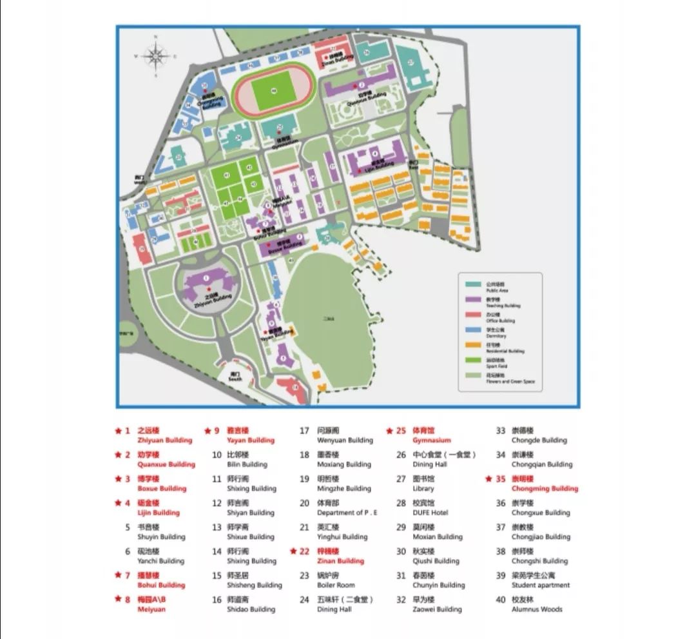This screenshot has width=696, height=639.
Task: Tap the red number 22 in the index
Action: pos(304,551)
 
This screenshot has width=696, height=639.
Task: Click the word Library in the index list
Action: pos(423,489)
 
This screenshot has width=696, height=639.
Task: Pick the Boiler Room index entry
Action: pos(336,585)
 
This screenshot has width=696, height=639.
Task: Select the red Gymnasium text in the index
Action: pos(432,440)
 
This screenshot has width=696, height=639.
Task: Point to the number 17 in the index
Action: pos(304,431)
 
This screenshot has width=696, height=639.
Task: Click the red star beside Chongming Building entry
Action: pos(488,479)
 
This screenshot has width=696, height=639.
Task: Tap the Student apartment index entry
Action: pos(541,585)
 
